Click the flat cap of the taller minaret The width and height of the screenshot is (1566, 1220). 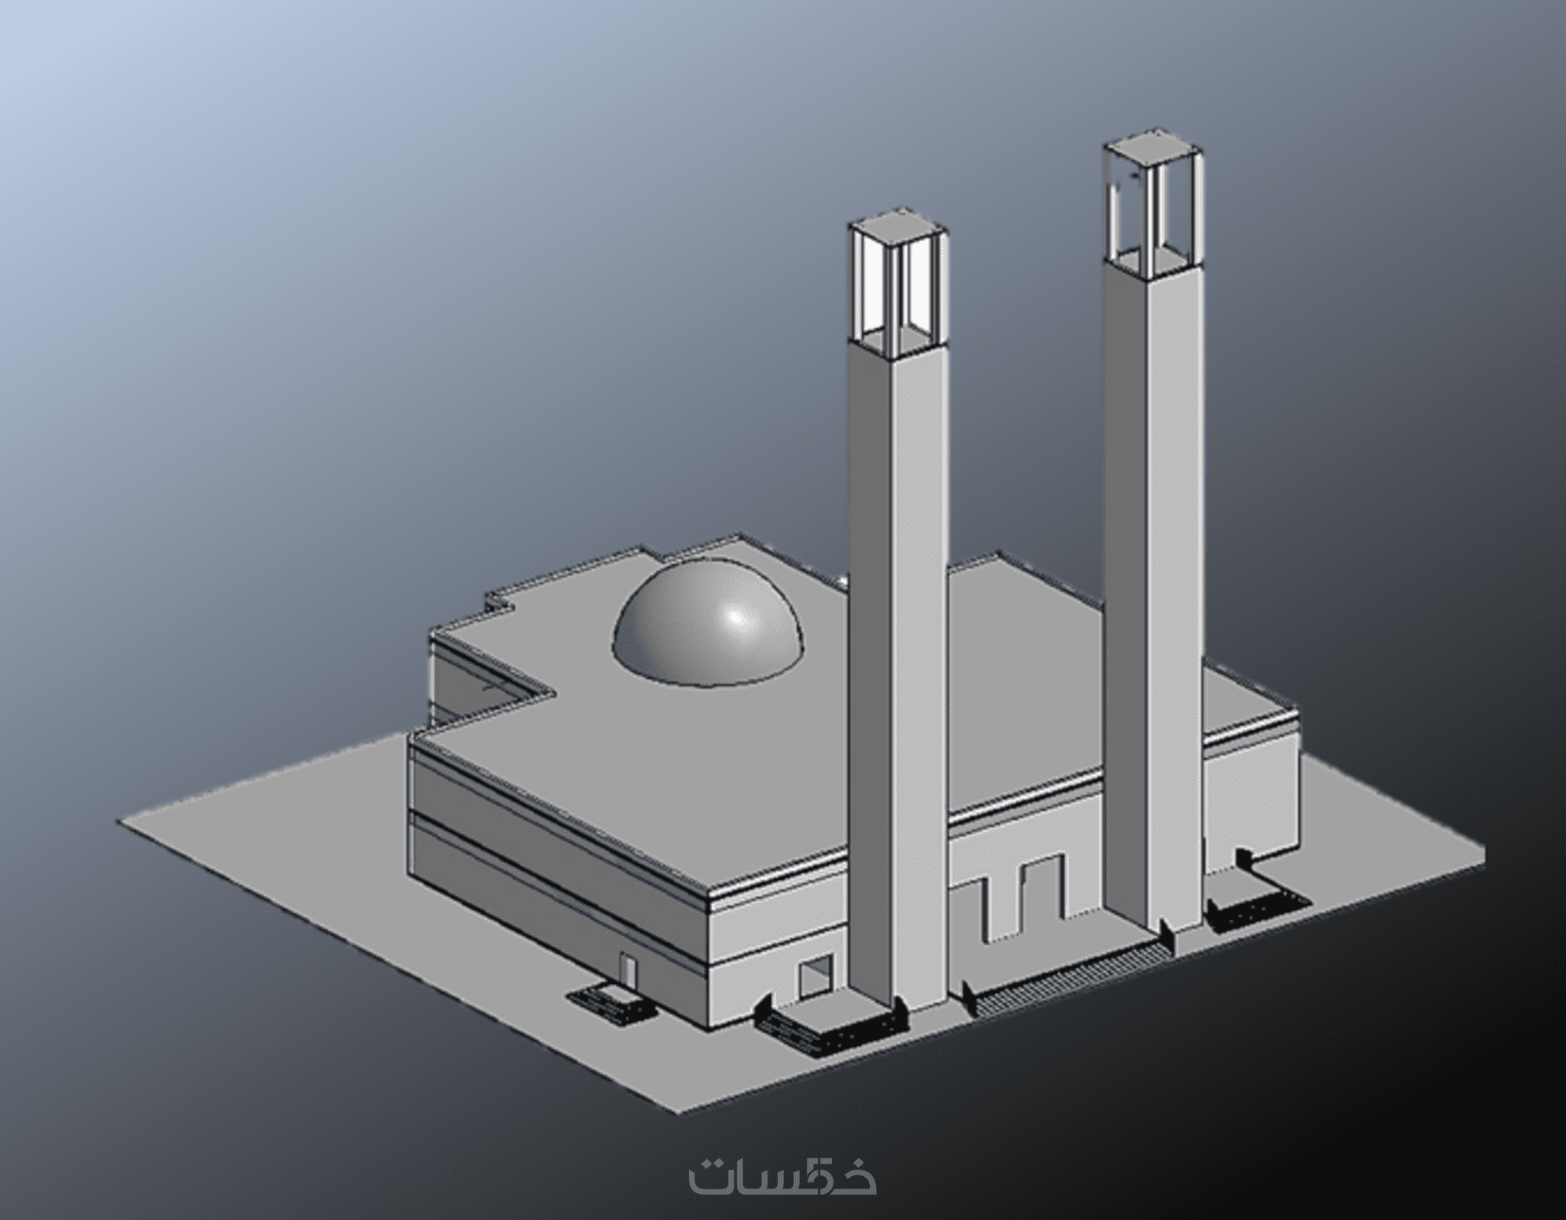click(x=1155, y=148)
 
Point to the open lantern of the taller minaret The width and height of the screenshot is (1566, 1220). click(x=1155, y=204)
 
